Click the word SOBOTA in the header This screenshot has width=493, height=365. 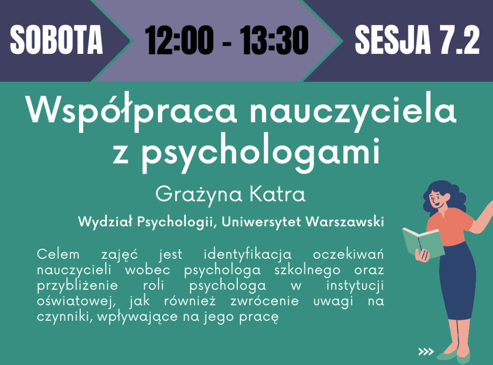[56, 40]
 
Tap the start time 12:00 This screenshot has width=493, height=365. [179, 40]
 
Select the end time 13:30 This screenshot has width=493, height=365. [274, 40]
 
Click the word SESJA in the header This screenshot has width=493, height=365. [392, 40]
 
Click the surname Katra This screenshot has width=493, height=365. [277, 194]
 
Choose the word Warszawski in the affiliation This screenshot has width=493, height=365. [345, 222]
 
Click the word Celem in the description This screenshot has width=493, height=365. [58, 254]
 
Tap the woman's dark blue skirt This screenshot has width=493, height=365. [457, 283]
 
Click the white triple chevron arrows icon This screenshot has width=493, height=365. [426, 352]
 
